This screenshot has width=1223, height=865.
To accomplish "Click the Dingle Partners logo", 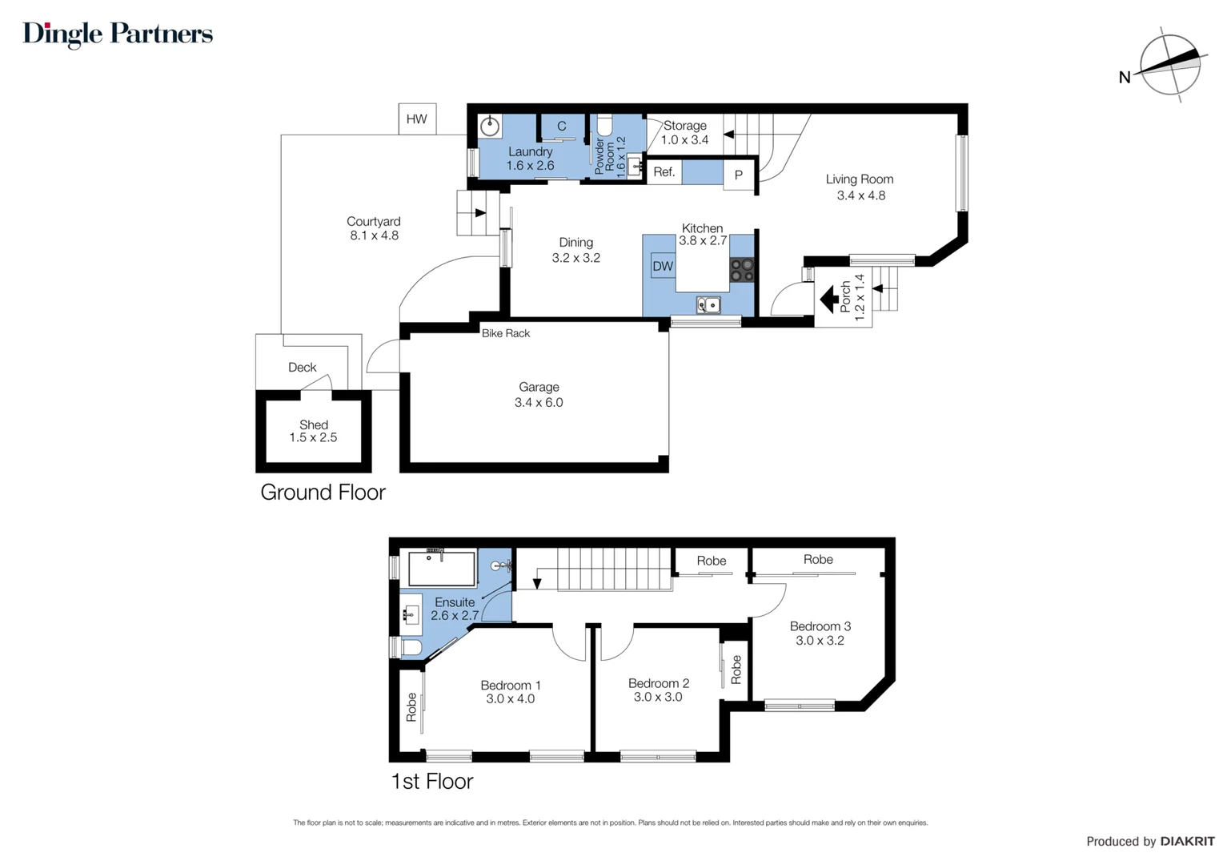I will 118,34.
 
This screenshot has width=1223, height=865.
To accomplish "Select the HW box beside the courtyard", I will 417,119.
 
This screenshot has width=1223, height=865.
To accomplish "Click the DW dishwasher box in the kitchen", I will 663,267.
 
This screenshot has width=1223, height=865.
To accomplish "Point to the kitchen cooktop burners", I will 742,270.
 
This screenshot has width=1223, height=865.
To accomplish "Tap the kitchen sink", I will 708,304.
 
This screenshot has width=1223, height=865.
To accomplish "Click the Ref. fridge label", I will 664,172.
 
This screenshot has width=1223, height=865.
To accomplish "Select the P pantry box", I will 739,175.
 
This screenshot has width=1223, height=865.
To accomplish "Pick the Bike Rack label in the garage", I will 506,333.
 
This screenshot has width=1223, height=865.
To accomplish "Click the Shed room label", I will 314,424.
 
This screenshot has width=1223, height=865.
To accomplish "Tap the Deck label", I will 303,367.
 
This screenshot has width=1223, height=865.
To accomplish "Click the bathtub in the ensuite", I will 442,569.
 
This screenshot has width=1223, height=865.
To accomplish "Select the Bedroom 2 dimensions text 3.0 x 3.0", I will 658,697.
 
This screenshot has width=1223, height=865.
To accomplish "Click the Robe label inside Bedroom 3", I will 818,559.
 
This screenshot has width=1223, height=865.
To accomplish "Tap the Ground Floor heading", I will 323,492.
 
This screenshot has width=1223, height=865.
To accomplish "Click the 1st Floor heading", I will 432,781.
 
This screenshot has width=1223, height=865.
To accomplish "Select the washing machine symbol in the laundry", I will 490,127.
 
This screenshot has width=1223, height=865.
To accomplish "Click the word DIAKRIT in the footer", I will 1187,841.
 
